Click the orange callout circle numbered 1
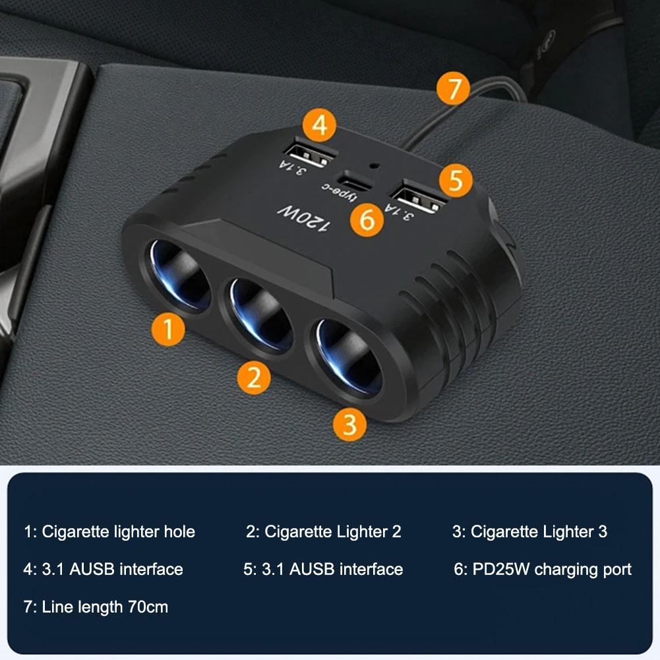[x=169, y=328]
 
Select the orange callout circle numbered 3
[x=349, y=424]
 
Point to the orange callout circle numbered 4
[x=319, y=125]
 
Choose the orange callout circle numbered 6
[x=367, y=220]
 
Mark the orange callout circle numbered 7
[x=454, y=89]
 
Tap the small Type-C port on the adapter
[x=355, y=179]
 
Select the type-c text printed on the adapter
[x=338, y=194]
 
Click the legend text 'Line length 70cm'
[x=96, y=607]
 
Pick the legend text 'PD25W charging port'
[x=543, y=569]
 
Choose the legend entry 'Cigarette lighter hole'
[x=109, y=531]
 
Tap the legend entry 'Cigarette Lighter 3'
[x=529, y=531]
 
